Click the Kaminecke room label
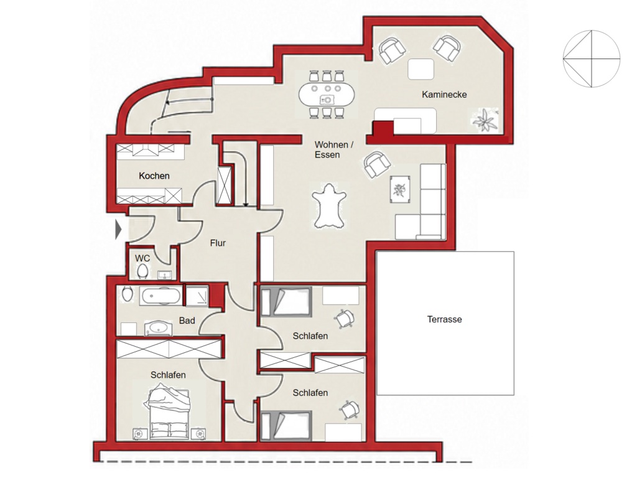444,95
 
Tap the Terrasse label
444,319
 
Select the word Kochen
154,176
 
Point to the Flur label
218,243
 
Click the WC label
142,258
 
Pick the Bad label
187,321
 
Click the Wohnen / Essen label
334,149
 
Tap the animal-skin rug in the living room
329,205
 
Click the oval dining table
326,95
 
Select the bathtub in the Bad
160,296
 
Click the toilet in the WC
142,271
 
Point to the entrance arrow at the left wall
118,229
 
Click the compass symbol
592,59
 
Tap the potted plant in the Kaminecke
485,120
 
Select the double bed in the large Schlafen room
169,414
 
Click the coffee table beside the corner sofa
400,190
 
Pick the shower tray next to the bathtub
197,296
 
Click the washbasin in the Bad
159,328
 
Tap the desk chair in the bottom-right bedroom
350,410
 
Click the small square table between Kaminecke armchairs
421,69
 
